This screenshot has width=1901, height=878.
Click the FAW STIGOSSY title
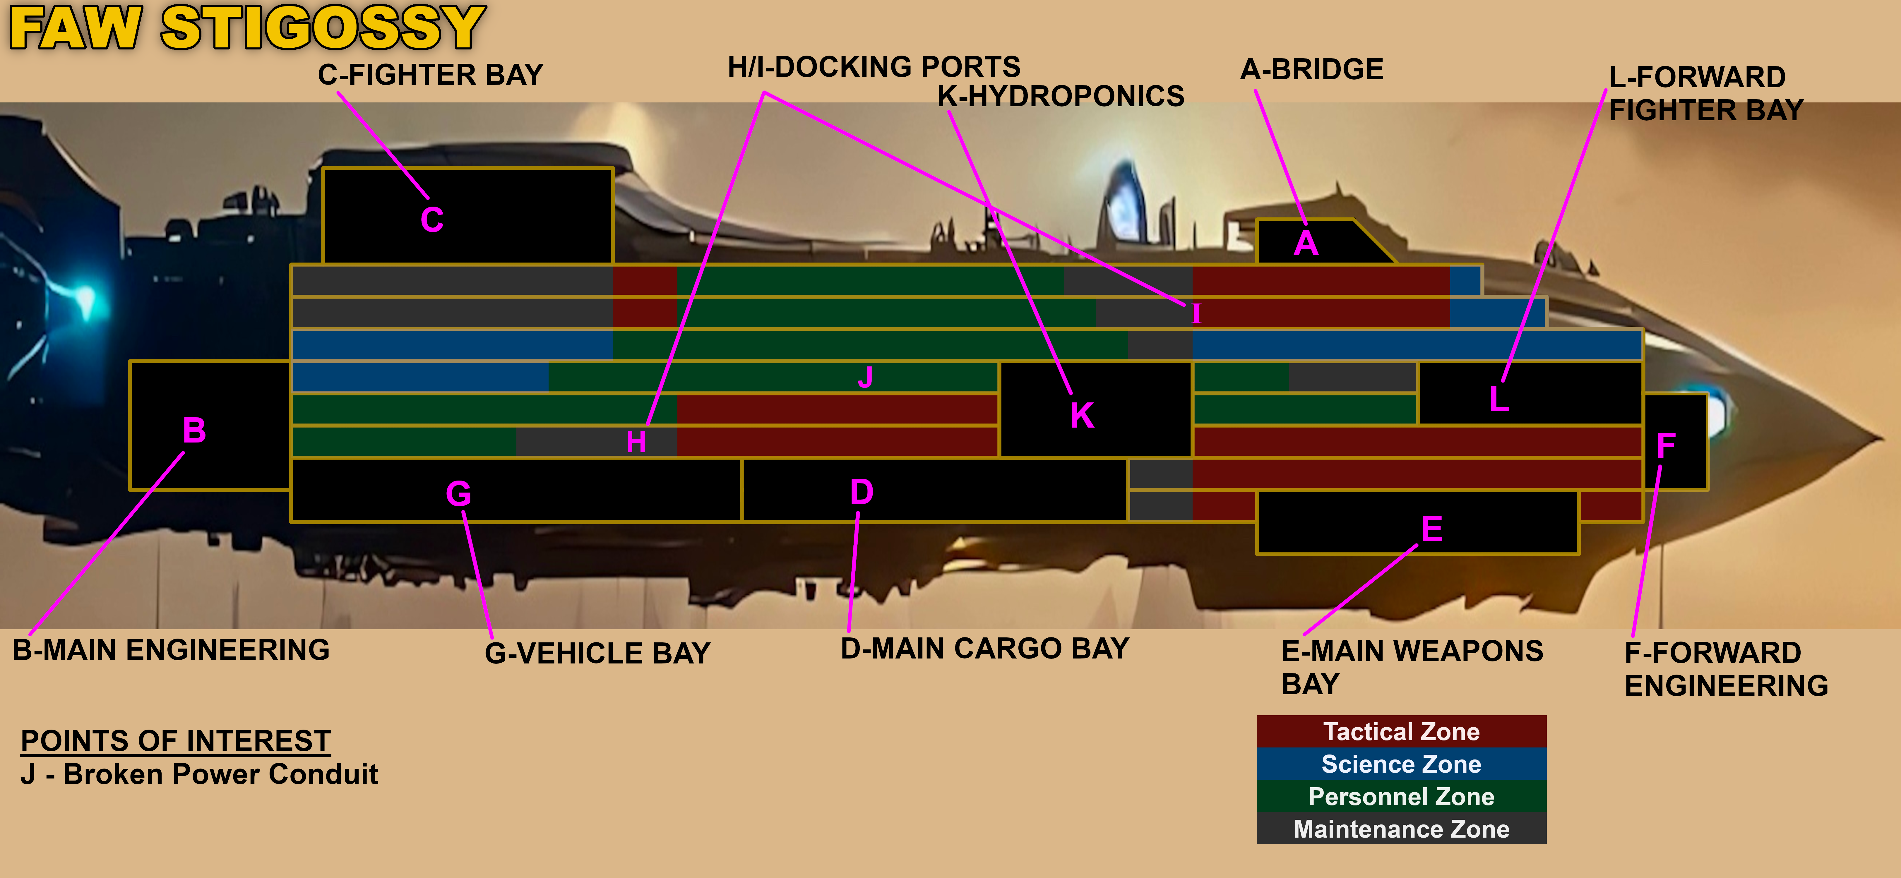tap(247, 28)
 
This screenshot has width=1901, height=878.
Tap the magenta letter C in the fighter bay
tap(432, 220)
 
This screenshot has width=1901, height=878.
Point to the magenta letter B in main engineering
tap(194, 430)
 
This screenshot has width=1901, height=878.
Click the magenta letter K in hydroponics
tap(1082, 415)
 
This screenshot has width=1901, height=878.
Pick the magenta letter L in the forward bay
tap(1499, 399)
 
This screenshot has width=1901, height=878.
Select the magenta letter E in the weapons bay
tap(1432, 529)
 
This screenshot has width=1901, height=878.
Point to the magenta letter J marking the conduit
tap(866, 377)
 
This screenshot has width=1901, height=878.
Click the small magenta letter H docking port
tap(636, 442)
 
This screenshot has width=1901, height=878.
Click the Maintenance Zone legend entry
tap(1401, 829)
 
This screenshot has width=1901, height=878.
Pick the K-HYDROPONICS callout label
tap(1061, 96)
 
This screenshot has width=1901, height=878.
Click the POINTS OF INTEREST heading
tap(176, 741)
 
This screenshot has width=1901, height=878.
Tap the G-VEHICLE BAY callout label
tap(597, 653)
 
